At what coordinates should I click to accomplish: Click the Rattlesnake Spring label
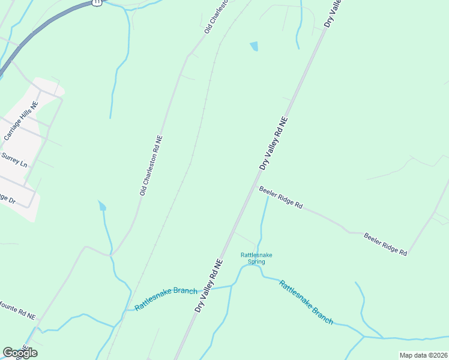click(256, 258)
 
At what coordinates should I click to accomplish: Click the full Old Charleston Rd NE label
click(151, 166)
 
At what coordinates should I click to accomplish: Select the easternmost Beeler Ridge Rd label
click(385, 244)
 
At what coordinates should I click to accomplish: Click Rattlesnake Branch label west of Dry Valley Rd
click(166, 298)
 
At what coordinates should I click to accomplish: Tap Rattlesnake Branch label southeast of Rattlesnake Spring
click(306, 302)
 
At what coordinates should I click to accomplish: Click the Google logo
click(20, 352)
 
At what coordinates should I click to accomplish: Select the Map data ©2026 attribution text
click(423, 355)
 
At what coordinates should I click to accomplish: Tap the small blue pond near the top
click(254, 46)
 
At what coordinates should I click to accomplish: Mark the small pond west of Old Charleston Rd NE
click(102, 206)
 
